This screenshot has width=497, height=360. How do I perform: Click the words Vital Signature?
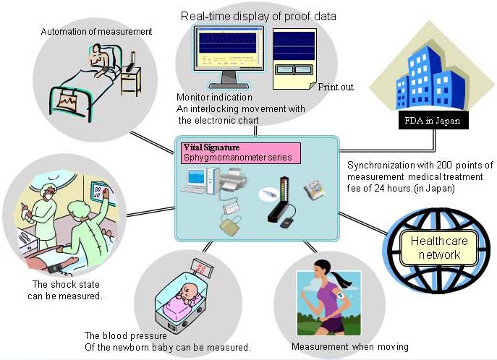pos(213,147)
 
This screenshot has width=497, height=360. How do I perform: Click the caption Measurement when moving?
pos(349,347)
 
